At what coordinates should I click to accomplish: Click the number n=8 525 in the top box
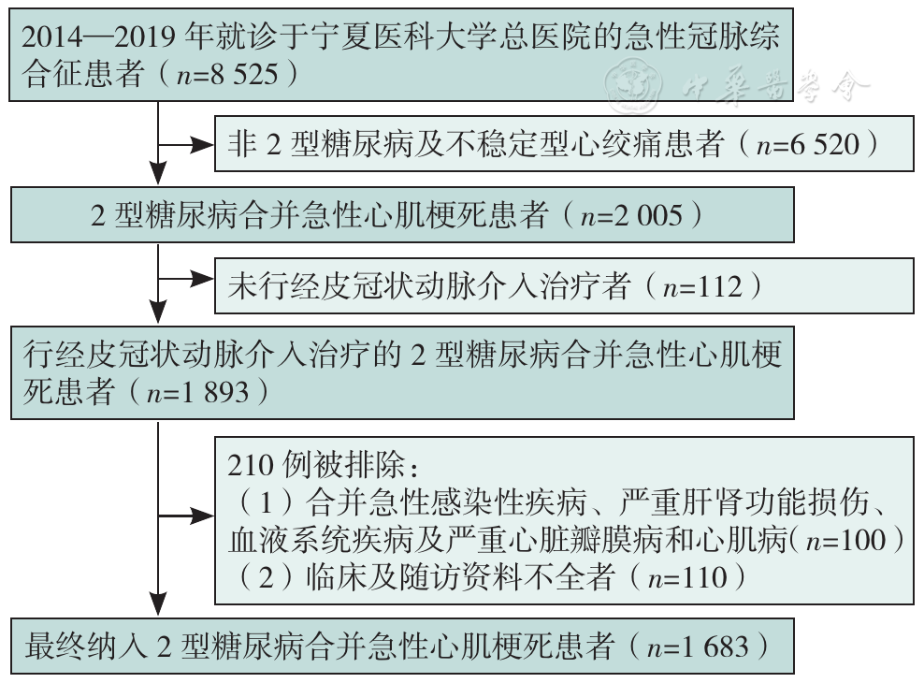pyautogui.click(x=227, y=74)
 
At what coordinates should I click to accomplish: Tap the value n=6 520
pyautogui.click(x=808, y=144)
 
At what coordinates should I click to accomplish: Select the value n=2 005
pyautogui.click(x=631, y=215)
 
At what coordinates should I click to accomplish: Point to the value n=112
pyautogui.click(x=701, y=287)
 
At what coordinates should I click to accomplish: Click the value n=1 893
pyautogui.click(x=198, y=392)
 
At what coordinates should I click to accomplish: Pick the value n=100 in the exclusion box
pyautogui.click(x=845, y=540)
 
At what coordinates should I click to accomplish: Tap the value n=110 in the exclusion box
pyautogui.click(x=687, y=577)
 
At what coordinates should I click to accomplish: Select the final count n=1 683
pyautogui.click(x=698, y=647)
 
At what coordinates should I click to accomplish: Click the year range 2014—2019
pyautogui.click(x=98, y=37)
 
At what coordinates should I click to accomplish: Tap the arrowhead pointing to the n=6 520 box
pyautogui.click(x=202, y=145)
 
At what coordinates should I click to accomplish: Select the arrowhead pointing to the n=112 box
pyautogui.click(x=202, y=280)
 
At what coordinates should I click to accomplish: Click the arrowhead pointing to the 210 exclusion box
pyautogui.click(x=202, y=516)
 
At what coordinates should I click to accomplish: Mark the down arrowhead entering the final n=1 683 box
pyautogui.click(x=158, y=605)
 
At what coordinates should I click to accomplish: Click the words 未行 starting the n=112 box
pyautogui.click(x=258, y=287)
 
